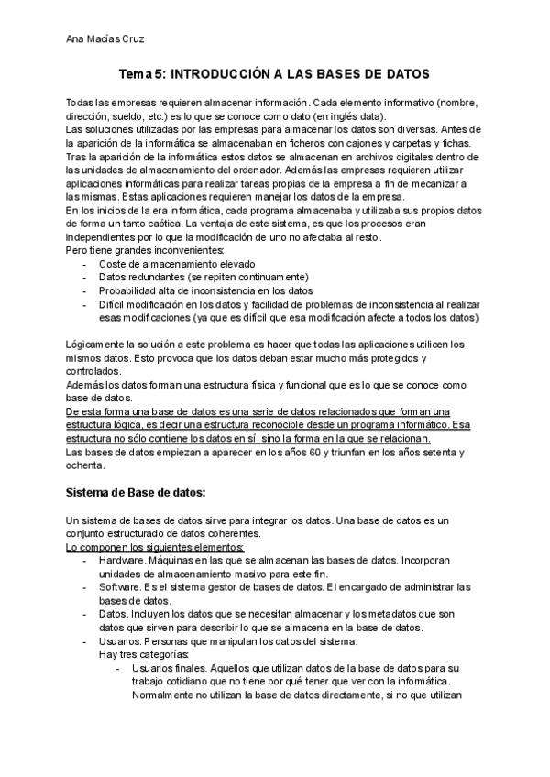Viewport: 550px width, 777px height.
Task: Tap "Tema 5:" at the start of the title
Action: coord(147,73)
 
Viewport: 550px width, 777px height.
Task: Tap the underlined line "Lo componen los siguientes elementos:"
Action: coord(155,548)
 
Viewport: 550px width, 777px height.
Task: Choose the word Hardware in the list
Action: coord(121,561)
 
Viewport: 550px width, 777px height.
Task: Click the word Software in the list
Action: coord(119,587)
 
